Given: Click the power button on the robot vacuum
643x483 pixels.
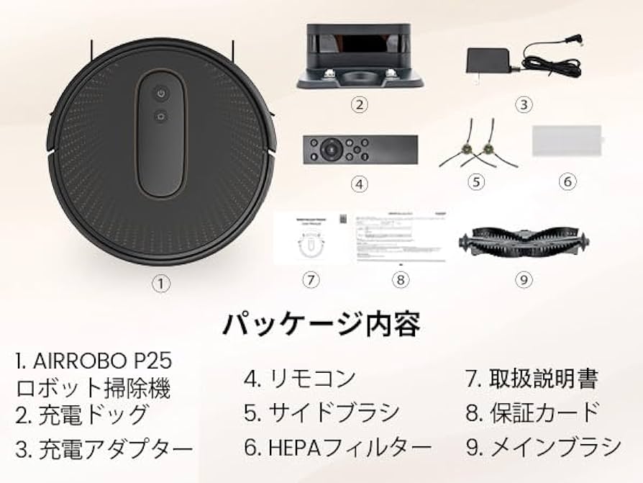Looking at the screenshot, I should coord(161,94).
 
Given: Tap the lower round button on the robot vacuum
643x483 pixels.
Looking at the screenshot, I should coord(161,117).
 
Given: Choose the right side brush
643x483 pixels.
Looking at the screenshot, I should coord(490,150).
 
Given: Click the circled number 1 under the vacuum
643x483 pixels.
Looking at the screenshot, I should coord(163,284).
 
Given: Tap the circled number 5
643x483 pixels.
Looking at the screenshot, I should coord(476,181).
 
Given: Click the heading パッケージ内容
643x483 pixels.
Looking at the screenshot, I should coord(321,324).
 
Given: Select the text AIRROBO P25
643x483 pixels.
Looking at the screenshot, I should coord(94,360).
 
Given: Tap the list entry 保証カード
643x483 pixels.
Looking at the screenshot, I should coord(532,412).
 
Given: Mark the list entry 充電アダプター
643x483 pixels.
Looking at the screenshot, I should coord(104,449).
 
